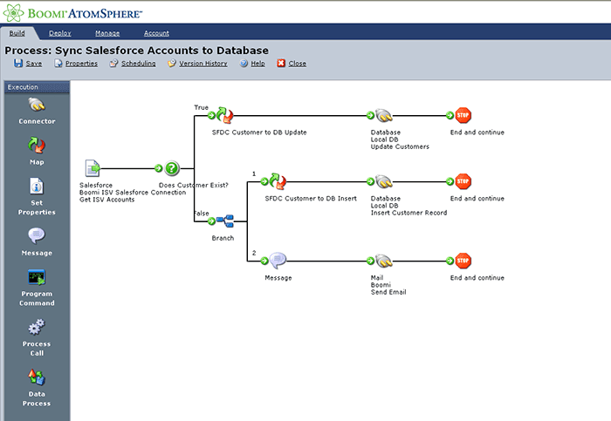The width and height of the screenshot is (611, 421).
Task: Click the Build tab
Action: tap(17, 33)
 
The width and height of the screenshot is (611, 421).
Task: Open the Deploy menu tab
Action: tap(60, 33)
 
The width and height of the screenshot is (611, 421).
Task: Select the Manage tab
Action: tap(107, 33)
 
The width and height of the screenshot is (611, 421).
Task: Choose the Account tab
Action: tap(156, 33)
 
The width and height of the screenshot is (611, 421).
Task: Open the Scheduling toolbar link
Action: tap(133, 64)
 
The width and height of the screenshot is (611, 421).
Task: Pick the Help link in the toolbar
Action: tap(252, 64)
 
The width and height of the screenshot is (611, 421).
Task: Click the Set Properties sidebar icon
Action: tap(37, 187)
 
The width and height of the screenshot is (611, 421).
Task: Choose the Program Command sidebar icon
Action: tap(37, 278)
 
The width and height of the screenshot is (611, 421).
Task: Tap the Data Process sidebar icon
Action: tap(37, 377)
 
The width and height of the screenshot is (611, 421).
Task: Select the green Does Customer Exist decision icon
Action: tap(173, 169)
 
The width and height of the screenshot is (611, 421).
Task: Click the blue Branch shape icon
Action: tap(225, 222)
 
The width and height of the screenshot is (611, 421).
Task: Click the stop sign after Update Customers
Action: tap(463, 115)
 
